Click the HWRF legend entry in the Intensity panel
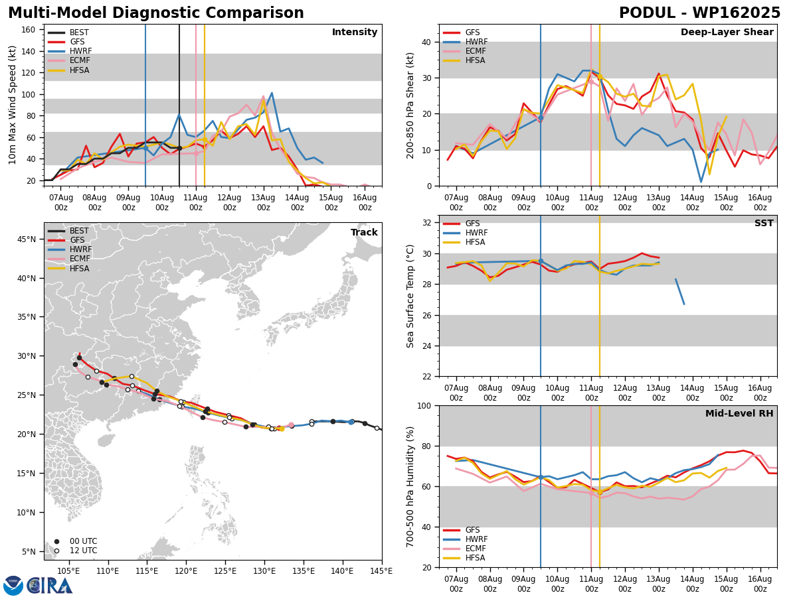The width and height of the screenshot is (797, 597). [70, 51]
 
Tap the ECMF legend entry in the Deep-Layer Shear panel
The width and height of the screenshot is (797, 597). [464, 51]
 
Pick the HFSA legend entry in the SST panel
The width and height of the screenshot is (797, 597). [464, 241]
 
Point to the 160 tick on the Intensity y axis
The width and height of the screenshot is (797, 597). [28, 30]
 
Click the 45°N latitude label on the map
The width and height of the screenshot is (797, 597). [27, 239]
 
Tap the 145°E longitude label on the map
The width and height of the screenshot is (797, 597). [381, 571]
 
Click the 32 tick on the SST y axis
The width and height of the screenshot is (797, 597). [427, 223]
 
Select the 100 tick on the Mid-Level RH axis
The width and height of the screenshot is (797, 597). [424, 405]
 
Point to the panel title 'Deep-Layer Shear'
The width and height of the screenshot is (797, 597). [727, 32]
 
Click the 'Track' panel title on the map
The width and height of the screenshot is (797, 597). [364, 232]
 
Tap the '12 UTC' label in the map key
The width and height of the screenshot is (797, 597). [84, 551]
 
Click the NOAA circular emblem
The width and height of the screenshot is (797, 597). [13, 585]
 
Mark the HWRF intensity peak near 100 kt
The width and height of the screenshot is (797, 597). [272, 93]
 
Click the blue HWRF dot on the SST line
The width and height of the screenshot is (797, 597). [541, 261]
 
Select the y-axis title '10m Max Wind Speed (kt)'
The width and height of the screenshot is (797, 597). [12, 105]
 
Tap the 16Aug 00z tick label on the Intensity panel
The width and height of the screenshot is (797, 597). [365, 202]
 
